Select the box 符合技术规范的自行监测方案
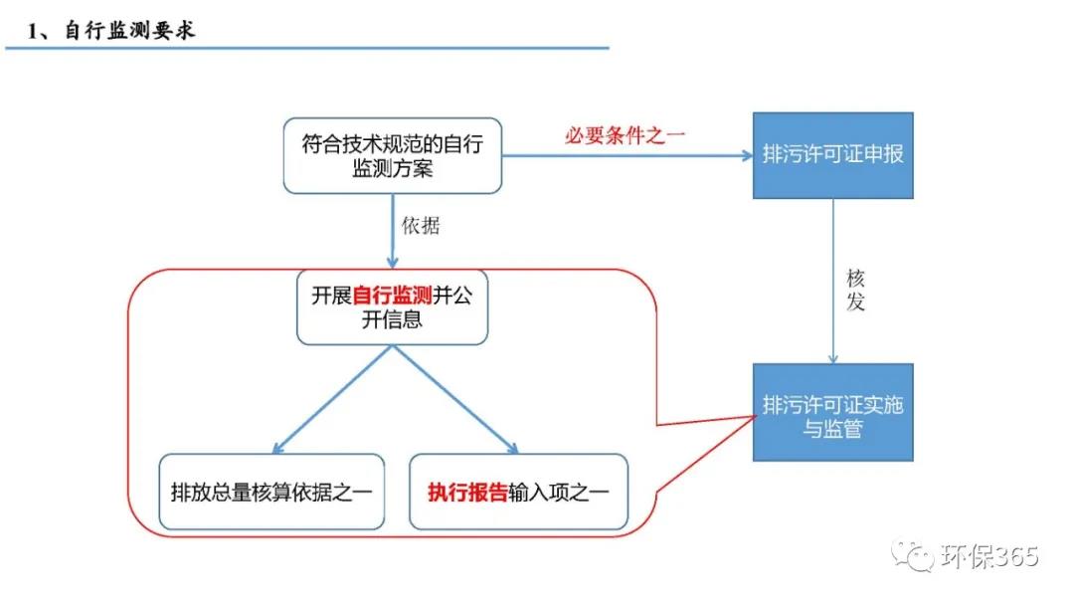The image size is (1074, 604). [x=392, y=156]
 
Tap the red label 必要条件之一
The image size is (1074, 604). [x=626, y=135]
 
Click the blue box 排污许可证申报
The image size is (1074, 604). [x=832, y=155]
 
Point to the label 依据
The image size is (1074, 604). [x=420, y=226]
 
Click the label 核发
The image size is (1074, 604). [x=855, y=290]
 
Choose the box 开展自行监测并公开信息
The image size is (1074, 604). [x=392, y=307]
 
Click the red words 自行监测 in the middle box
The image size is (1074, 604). [x=392, y=296]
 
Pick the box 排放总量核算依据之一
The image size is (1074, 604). [x=270, y=492]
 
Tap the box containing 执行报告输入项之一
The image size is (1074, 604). [x=517, y=492]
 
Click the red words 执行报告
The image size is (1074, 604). [x=467, y=492]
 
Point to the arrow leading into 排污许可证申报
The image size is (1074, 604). [x=626, y=155]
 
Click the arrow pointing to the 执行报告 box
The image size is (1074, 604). [x=457, y=399]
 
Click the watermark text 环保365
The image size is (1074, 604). [x=988, y=555]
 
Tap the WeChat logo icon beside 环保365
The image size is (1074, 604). [x=913, y=554]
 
